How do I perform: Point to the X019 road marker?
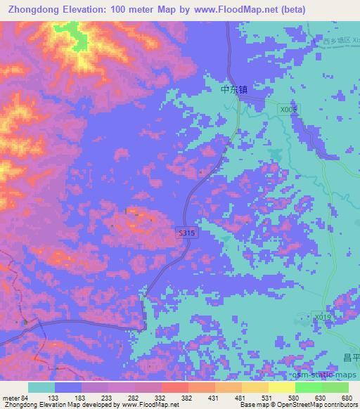(x=323, y=318)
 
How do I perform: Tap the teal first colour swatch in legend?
(x=41, y=387)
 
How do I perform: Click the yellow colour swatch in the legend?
(x=282, y=387)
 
